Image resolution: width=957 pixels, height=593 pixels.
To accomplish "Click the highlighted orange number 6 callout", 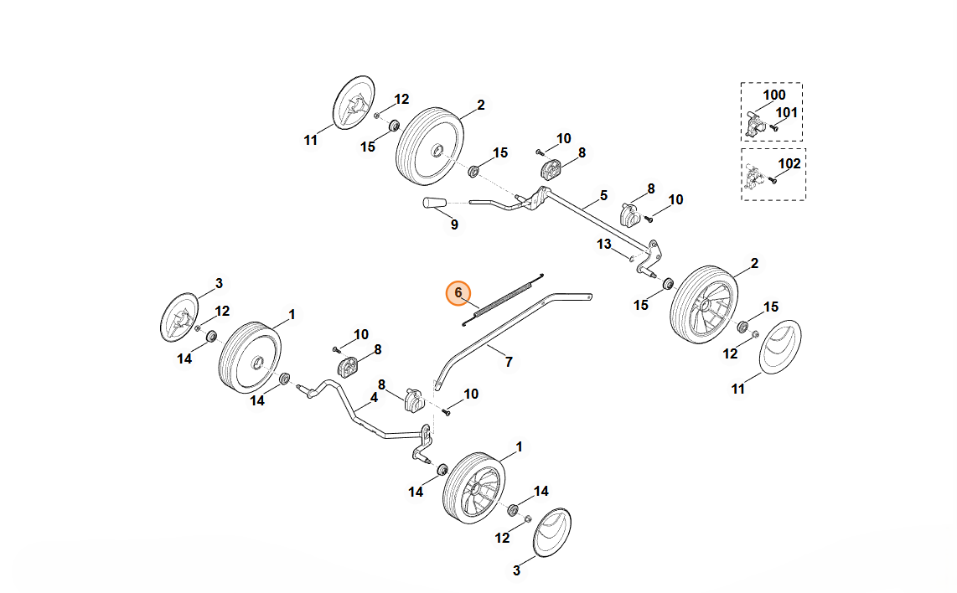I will click(458, 292).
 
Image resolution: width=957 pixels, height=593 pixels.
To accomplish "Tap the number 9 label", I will click(454, 224).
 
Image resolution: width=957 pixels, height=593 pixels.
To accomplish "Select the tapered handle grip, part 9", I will click(436, 203).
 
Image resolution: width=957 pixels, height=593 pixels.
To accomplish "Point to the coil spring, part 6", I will click(503, 297).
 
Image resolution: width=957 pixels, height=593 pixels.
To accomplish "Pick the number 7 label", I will click(508, 362).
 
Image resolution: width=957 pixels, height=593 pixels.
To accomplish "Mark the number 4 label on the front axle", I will click(374, 397).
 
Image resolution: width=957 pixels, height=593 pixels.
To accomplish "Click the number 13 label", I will click(604, 244).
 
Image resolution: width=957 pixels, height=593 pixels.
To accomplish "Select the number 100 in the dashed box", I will click(774, 95).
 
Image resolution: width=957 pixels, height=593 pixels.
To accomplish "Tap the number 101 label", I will click(787, 112).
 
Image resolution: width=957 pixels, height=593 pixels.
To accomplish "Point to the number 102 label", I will click(790, 163).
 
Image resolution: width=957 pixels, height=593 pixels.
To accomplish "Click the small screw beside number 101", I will click(775, 127).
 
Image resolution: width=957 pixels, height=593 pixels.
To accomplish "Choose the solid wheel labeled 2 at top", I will click(429, 143).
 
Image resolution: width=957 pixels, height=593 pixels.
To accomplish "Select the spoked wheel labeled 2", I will click(703, 302).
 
